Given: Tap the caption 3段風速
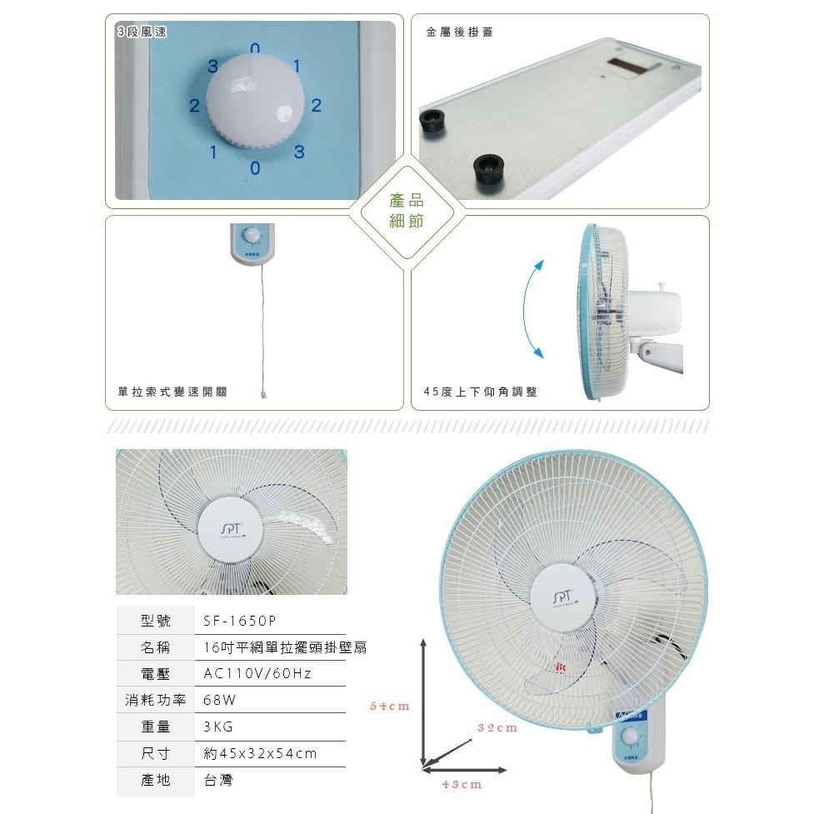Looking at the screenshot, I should coord(142,32).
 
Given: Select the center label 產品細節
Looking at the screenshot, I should coord(407,211).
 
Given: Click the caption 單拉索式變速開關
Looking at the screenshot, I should coord(172,391).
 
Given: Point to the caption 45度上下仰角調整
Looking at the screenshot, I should coord(481,391).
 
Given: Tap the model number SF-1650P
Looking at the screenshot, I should coord(240,622).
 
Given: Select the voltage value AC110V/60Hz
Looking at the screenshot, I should coord(257,673).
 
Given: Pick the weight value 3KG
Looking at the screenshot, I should coord(218,727).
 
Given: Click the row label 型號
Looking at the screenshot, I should coord(156,622).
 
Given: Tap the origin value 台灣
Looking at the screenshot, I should coord(218,780).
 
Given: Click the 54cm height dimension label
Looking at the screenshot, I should coord(390,707).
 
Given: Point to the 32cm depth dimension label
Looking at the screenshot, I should coord(497,727).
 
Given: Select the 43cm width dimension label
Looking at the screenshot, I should coord(462,785).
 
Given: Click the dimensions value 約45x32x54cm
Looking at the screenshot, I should coord(261,753).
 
